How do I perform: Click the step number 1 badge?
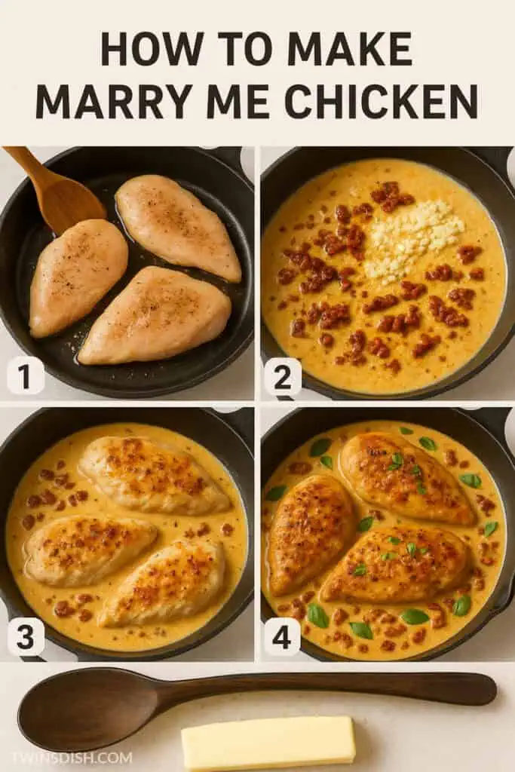pos(26,375)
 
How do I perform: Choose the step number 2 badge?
pos(282,376)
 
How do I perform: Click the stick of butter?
pos(268,743)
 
